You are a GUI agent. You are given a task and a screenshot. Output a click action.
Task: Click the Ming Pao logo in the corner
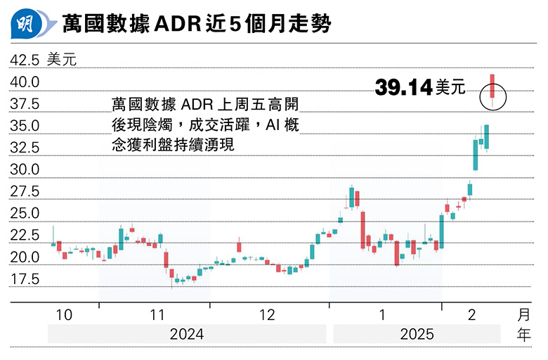[x=27, y=25]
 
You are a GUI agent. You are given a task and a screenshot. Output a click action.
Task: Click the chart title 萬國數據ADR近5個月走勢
[x=197, y=25]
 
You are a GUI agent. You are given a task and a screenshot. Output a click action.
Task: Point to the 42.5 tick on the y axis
[x=24, y=60]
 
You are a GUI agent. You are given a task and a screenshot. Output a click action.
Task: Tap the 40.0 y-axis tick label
[x=24, y=82]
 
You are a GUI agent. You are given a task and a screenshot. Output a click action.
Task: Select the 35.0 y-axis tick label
[x=24, y=126]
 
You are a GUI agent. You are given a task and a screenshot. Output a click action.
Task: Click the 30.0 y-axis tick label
[x=24, y=169]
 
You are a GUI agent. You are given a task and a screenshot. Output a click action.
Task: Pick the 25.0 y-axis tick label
[x=24, y=213]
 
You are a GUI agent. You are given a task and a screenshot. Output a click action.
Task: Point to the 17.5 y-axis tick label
[x=24, y=279]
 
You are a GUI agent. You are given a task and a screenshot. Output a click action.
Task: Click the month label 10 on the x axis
[x=64, y=315]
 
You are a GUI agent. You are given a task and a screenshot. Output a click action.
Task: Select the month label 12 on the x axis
[x=267, y=315]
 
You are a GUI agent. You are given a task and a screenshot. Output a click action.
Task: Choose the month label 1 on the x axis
[x=383, y=315]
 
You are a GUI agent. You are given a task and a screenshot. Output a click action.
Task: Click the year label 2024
[x=187, y=334]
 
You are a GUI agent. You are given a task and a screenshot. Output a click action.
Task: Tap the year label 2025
[x=417, y=334]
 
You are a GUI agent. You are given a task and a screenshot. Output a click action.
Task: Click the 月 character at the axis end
[x=523, y=314]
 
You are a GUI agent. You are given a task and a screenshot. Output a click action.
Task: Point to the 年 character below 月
[x=523, y=335]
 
